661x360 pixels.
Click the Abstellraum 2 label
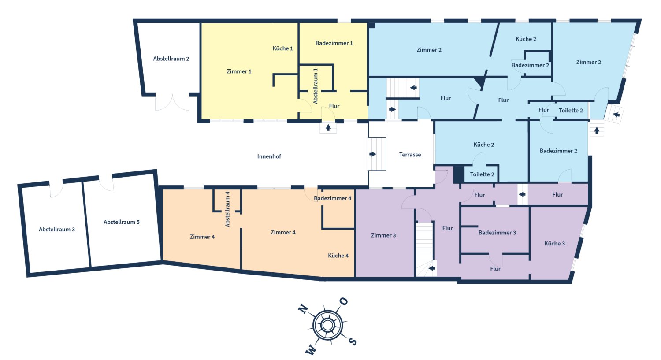tap(171, 59)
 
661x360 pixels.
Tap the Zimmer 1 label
tap(239, 71)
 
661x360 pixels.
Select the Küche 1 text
tap(282, 48)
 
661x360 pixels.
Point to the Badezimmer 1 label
tap(334, 43)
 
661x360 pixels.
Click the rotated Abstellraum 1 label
tap(316, 86)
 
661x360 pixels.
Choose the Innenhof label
tap(269, 156)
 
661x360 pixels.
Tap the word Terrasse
tap(410, 155)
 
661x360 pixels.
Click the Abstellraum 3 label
tap(57, 230)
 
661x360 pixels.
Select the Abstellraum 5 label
tap(122, 222)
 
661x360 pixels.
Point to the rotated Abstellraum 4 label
tap(227, 209)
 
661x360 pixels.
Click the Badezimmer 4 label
tap(333, 198)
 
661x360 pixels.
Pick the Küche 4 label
tap(338, 256)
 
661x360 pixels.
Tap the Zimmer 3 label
tap(383, 235)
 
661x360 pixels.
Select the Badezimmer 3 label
tap(497, 233)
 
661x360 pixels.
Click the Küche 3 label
tap(554, 243)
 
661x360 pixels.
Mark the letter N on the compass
tap(303, 308)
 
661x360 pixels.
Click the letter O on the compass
tap(343, 302)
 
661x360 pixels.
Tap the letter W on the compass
tap(311, 350)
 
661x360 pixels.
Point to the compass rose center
tap(327, 325)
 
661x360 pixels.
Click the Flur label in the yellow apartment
tap(334, 106)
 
